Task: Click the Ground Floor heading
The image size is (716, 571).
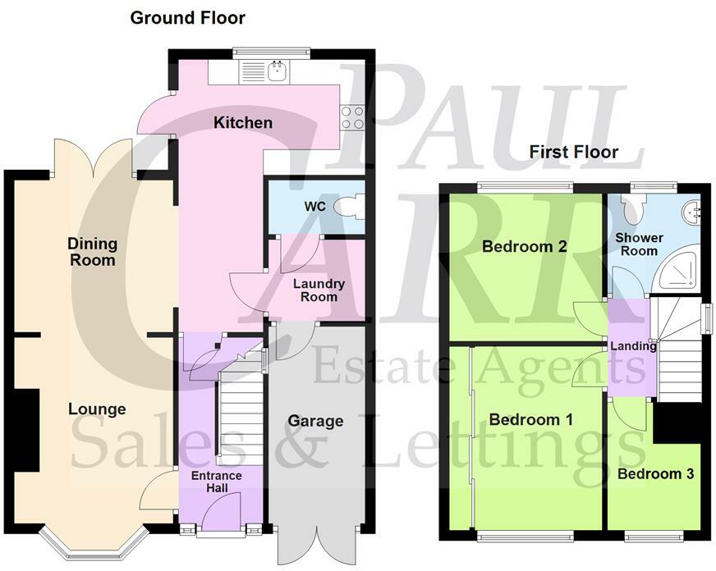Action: tap(187, 17)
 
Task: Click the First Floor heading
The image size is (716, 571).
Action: tap(573, 152)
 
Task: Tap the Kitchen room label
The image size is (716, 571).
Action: tap(243, 123)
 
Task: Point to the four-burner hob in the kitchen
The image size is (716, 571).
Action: tap(353, 118)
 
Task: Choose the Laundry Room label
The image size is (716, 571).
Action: tap(318, 290)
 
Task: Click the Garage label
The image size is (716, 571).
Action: tap(315, 421)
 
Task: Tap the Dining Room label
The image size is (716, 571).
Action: tap(92, 252)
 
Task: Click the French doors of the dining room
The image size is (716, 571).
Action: tap(93, 158)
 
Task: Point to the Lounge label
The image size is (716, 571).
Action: tap(97, 409)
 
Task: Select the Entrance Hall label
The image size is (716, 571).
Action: tap(217, 482)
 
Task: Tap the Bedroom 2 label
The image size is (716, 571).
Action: tap(525, 247)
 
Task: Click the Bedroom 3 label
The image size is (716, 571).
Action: tap(650, 474)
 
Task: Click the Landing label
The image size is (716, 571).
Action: tap(632, 346)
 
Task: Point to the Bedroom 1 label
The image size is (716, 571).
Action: tap(530, 419)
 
